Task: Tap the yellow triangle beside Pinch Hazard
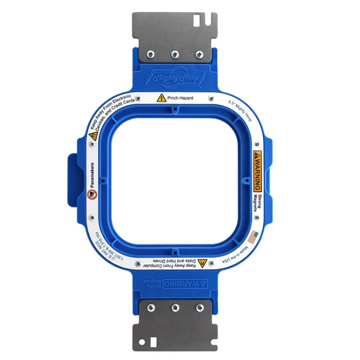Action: (162, 98)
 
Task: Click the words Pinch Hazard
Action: (181, 98)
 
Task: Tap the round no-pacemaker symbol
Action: (93, 194)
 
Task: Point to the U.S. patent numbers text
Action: (107, 248)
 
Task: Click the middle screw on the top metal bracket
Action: (175, 54)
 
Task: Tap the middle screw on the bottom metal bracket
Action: (175, 308)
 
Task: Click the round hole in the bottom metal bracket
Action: (143, 341)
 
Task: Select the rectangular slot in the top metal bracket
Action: (197, 21)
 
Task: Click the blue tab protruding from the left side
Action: (72, 180)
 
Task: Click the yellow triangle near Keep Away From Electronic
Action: (93, 136)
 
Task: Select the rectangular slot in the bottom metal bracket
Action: (153, 342)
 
